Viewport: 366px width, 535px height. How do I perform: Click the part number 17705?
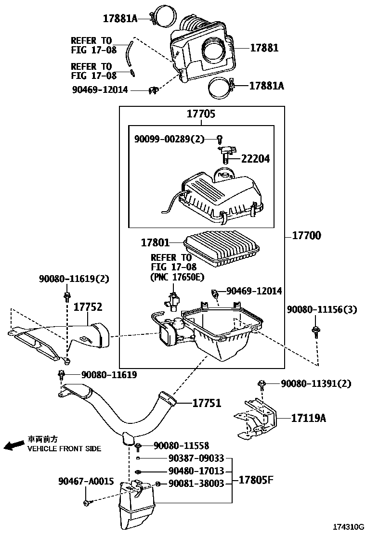(201, 114)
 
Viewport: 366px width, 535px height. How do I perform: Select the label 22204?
(255, 159)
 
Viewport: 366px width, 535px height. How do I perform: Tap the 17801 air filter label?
(155, 242)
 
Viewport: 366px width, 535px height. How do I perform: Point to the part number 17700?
(306, 236)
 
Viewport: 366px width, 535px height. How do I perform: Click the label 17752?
(88, 307)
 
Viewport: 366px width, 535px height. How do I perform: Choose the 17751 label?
(207, 403)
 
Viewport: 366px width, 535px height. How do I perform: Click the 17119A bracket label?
(308, 418)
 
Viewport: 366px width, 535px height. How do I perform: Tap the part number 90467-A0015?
(86, 481)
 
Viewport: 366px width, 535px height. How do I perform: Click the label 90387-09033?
(196, 459)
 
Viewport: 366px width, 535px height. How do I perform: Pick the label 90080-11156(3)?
(322, 309)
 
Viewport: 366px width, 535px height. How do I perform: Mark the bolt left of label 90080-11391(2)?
(261, 383)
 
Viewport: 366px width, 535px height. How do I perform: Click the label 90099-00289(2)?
(169, 139)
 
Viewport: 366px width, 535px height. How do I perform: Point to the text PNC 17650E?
(177, 277)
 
